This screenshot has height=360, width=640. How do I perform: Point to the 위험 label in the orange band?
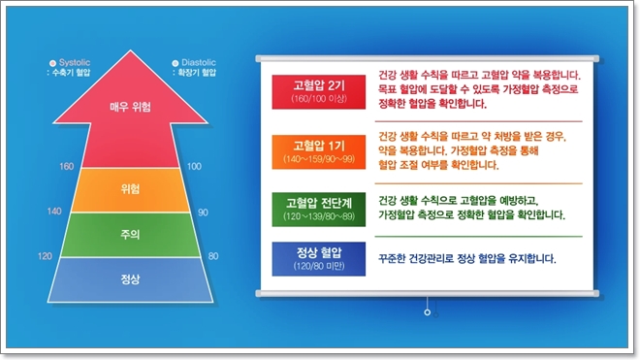pos(132,188)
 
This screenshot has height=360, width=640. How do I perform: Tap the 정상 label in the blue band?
pos(132,279)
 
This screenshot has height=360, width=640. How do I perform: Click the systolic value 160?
pos(66,166)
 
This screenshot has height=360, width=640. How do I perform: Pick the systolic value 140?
pos(54,211)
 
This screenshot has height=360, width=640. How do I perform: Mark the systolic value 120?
pos(44,256)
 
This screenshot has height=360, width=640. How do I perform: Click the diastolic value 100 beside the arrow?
pos(193,166)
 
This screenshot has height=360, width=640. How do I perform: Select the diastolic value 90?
pos(203,211)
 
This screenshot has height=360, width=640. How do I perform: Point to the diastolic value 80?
pos(213,256)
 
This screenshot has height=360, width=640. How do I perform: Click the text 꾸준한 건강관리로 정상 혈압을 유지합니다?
pos(461,260)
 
